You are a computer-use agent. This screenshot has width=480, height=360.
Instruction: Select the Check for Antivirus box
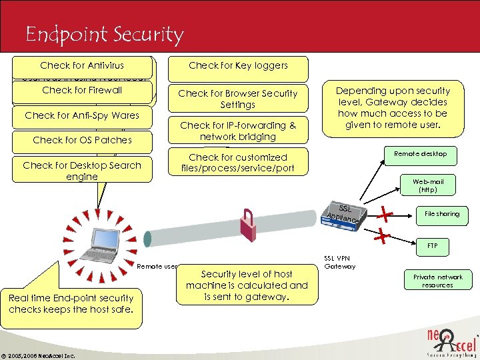82,65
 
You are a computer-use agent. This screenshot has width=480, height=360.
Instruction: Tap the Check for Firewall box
82,90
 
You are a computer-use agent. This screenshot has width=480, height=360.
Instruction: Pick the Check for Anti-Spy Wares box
82,115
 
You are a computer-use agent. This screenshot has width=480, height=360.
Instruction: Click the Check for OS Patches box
82,140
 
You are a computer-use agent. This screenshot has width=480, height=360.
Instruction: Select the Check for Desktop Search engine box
82,171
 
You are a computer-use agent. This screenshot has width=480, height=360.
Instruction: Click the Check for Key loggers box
238,66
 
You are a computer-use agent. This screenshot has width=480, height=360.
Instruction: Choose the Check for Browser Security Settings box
238,99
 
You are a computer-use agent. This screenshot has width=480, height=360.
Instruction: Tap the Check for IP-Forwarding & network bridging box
238,131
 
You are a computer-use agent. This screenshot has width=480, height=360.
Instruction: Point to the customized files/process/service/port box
238,163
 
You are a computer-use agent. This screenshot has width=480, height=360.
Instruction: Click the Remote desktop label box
419,154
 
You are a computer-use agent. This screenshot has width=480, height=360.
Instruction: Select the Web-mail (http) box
427,185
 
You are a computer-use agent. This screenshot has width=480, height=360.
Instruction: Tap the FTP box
432,246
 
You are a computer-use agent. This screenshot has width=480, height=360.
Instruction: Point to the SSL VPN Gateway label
341,262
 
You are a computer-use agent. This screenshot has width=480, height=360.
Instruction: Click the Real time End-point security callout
71,304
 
